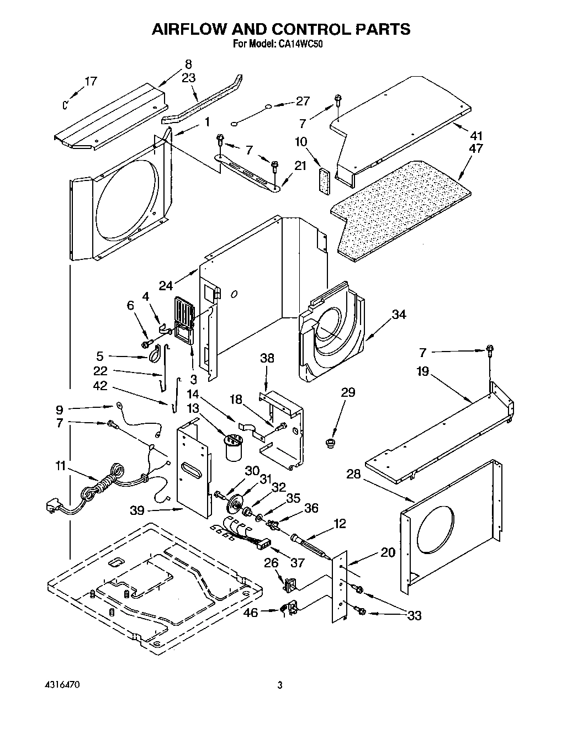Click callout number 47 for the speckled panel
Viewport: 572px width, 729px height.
point(475,148)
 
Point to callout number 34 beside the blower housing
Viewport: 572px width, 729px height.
point(399,315)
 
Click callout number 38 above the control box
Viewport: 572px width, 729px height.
point(267,358)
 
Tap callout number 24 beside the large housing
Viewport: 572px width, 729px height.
point(166,285)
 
